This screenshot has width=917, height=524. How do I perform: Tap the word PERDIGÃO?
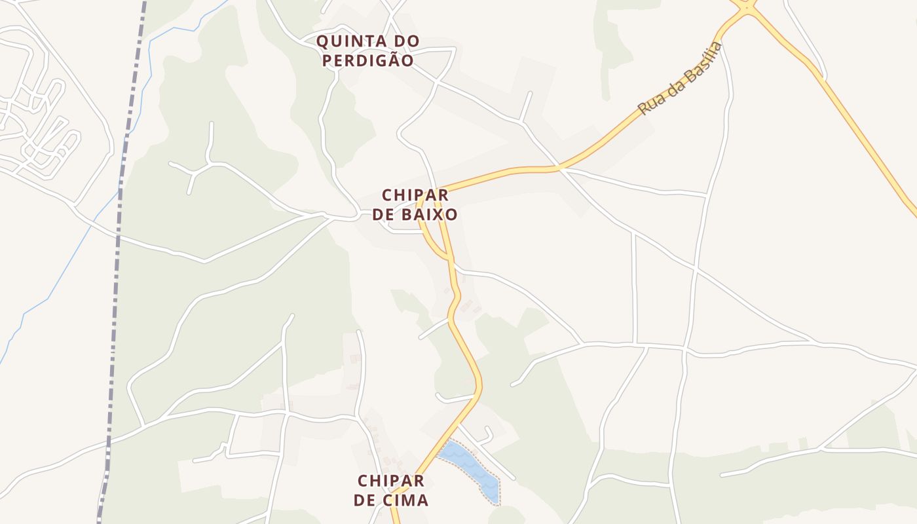(x=367, y=61)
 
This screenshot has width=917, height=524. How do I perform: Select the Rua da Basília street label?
(x=681, y=78)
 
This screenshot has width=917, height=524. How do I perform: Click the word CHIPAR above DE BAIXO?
(x=415, y=195)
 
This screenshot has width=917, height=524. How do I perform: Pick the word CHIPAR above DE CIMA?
(x=391, y=481)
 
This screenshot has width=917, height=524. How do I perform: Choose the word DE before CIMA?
(x=365, y=500)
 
